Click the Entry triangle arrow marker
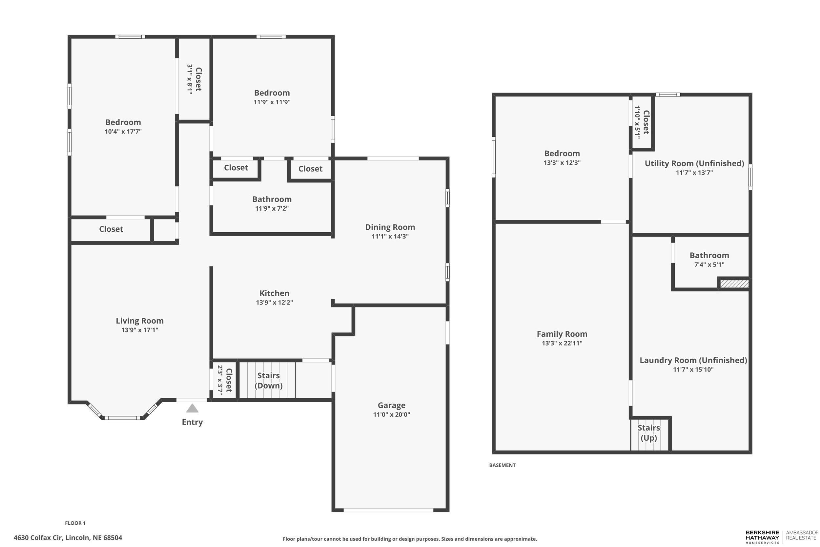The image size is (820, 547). click(x=192, y=408)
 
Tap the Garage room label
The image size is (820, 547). click(x=391, y=405)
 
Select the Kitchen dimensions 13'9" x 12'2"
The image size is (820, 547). click(x=275, y=303)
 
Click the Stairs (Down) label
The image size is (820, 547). click(x=268, y=380)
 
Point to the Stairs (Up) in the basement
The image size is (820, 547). click(x=648, y=432)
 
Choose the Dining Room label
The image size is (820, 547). click(x=390, y=227)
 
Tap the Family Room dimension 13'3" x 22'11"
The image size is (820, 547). click(x=562, y=343)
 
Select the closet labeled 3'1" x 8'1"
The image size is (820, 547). click(x=194, y=79)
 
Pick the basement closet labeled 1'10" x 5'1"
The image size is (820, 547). click(x=642, y=122)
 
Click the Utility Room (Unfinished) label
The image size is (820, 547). click(x=694, y=163)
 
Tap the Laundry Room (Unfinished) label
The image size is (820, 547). click(x=693, y=360)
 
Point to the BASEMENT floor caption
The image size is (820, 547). click(x=502, y=465)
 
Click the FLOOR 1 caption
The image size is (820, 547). click(x=75, y=523)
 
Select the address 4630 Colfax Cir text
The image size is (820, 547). click(x=68, y=537)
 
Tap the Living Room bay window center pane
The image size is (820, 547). click(x=122, y=418)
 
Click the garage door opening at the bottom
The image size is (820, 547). click(x=388, y=510)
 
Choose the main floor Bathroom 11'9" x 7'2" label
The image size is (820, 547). click(x=272, y=200)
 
